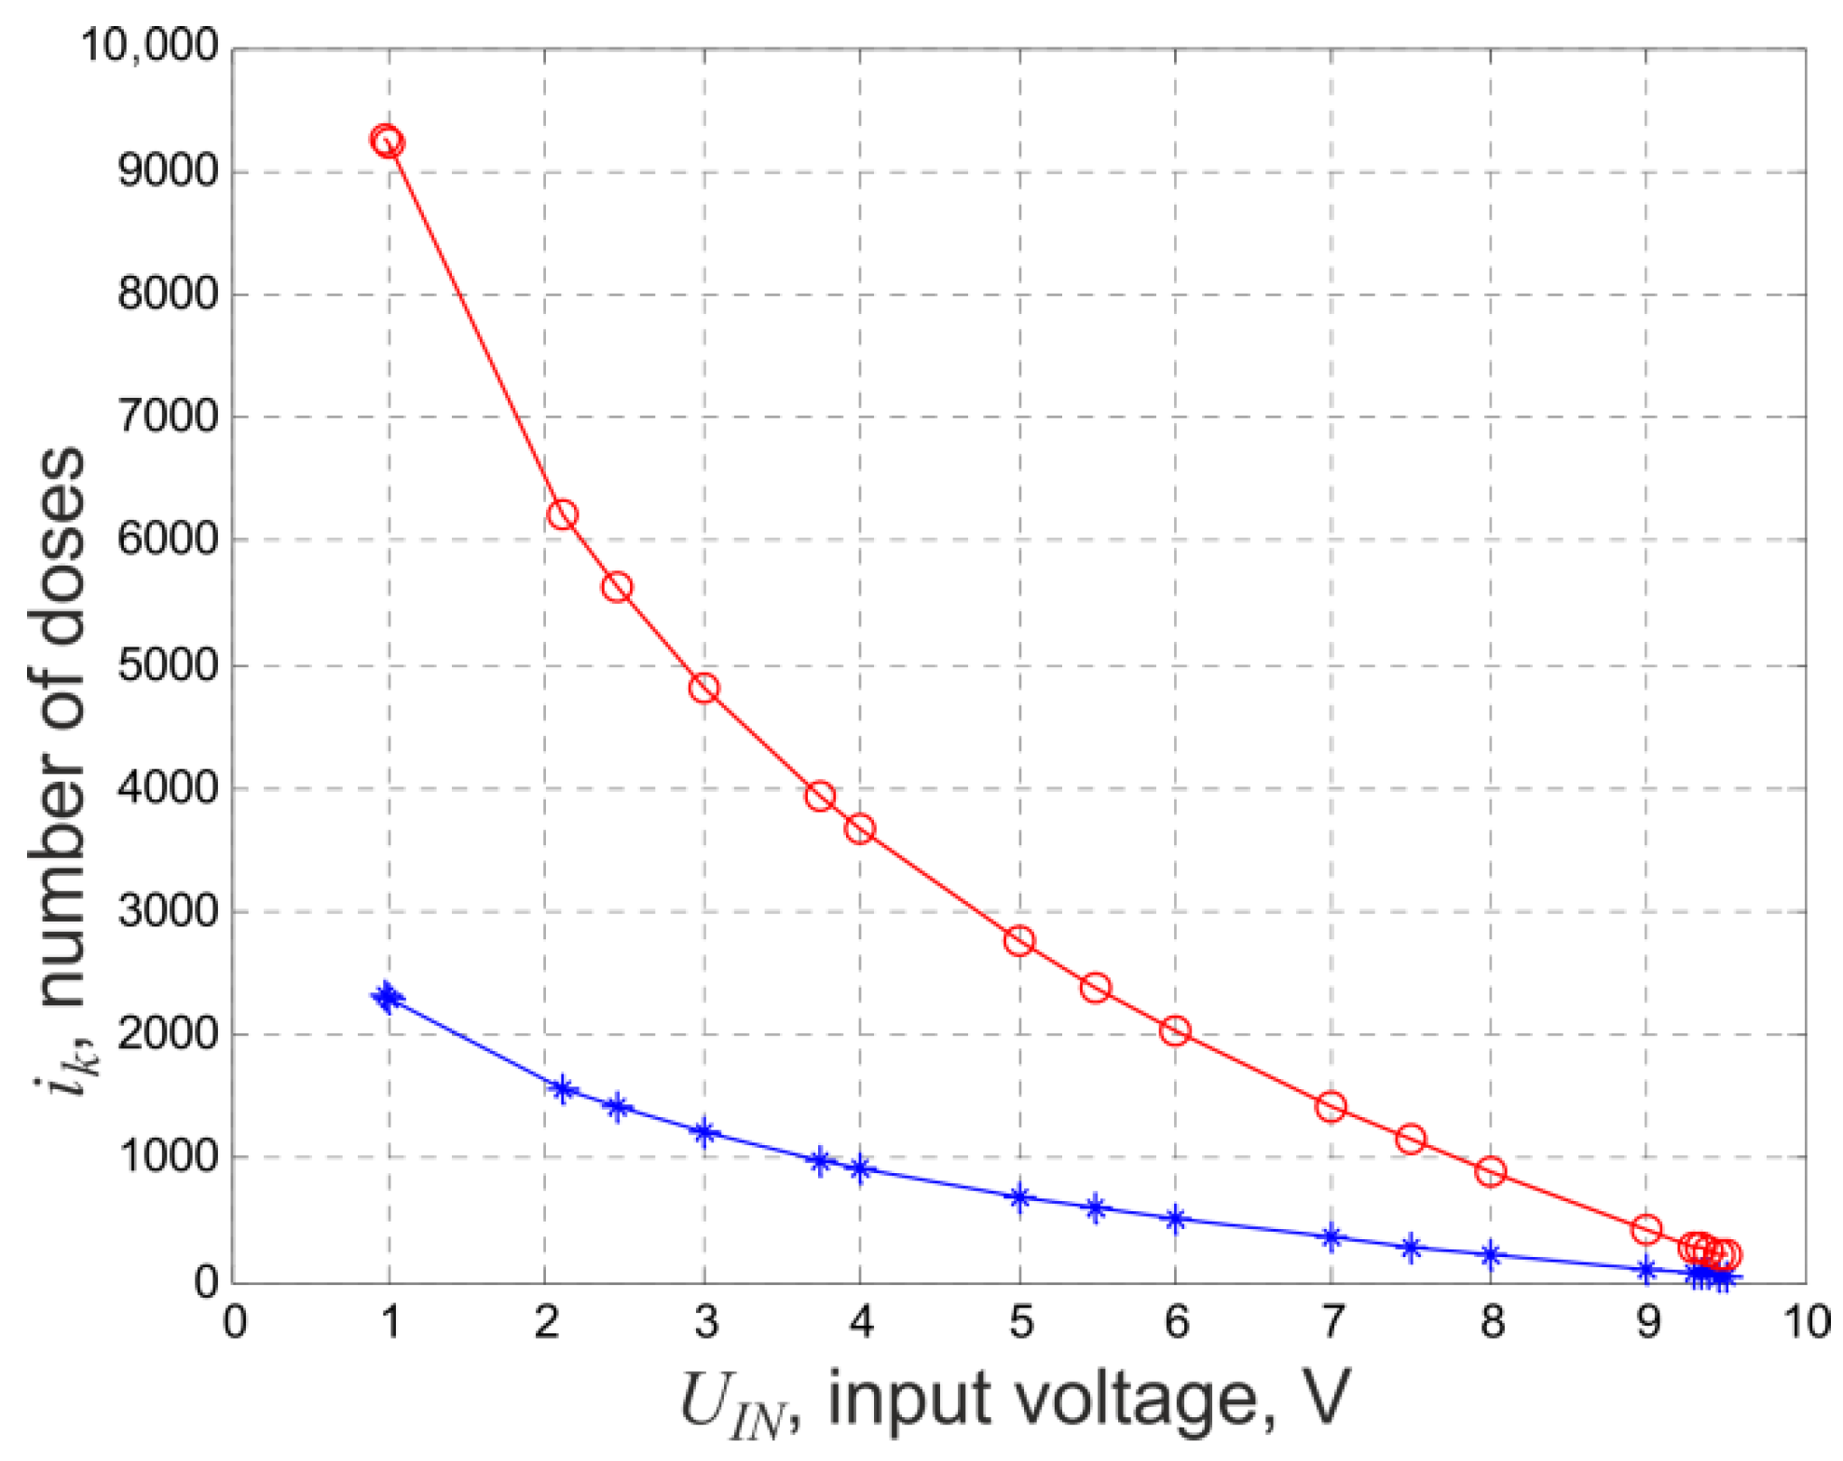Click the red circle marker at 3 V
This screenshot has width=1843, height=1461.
click(x=704, y=689)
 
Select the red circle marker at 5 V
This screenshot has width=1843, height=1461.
click(x=1019, y=940)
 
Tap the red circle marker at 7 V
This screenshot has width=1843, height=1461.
click(x=1331, y=1107)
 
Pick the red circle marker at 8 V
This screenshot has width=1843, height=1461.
click(x=1491, y=1171)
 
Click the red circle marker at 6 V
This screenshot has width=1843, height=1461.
click(x=1175, y=1031)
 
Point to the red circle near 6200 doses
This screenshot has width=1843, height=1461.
click(x=562, y=514)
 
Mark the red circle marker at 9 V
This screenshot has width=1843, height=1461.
click(x=1646, y=1230)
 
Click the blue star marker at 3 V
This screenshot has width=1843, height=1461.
click(x=704, y=1133)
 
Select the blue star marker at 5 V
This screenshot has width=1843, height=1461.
click(x=1019, y=1197)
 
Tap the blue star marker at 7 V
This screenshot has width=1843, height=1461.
click(x=1331, y=1238)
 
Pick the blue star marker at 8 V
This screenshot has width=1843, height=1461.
click(x=1491, y=1254)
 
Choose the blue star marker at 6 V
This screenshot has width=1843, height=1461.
click(x=1175, y=1219)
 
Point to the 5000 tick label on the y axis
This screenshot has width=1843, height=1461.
click(x=168, y=665)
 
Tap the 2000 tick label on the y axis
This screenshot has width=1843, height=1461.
click(x=168, y=1033)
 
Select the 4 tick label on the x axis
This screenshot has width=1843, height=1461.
click(x=861, y=1322)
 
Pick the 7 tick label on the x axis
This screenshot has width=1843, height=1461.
click(x=1332, y=1322)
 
